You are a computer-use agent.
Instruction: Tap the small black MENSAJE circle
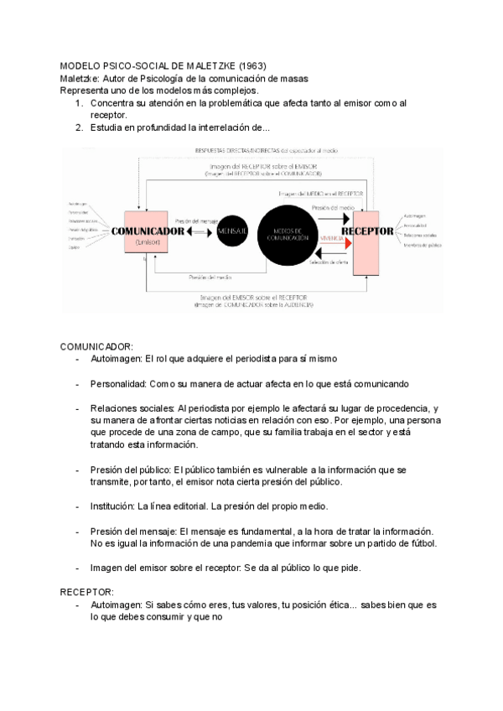pos(232,229)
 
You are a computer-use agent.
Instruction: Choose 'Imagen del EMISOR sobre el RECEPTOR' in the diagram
pos(249,297)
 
